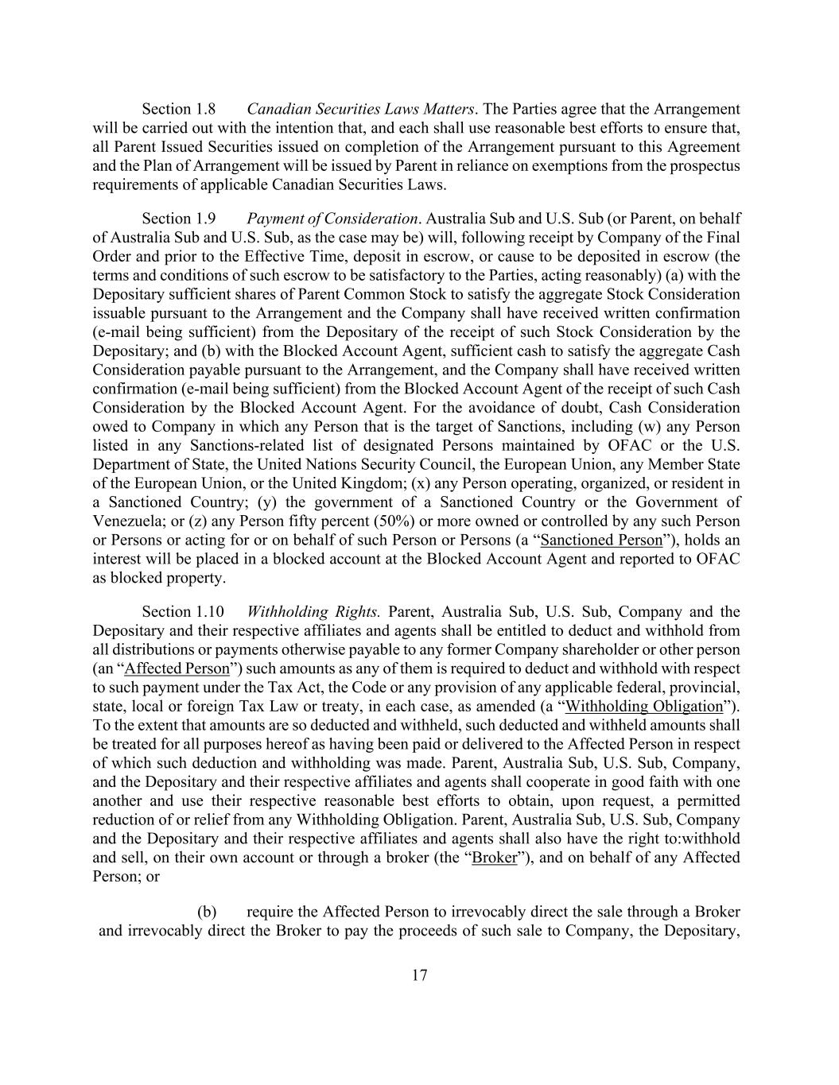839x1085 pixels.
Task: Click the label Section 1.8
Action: (178, 109)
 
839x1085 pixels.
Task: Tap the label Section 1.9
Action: (178, 219)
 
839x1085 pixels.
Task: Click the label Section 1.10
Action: (182, 612)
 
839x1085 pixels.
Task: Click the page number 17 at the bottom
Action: (420, 975)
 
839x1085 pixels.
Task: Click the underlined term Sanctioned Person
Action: (601, 541)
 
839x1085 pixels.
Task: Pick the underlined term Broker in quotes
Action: (494, 858)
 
